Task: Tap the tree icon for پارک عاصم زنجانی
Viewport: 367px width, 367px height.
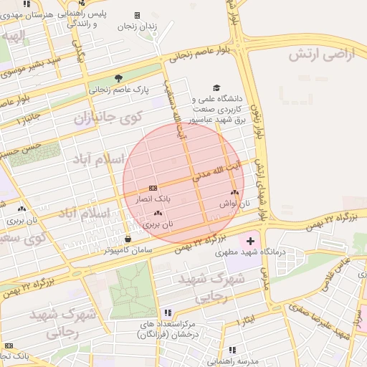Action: coord(118,78)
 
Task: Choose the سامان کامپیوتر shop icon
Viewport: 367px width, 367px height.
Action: coord(128,239)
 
